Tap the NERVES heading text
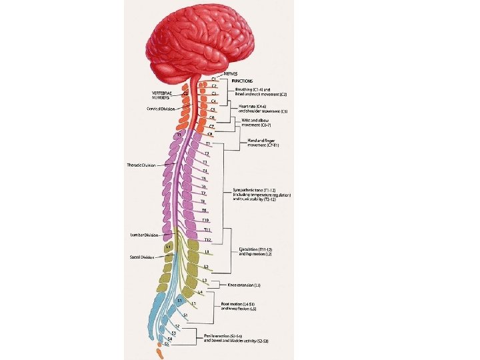pyautogui.click(x=231, y=73)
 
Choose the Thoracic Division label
pyautogui.click(x=142, y=164)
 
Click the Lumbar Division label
pyautogui.click(x=145, y=234)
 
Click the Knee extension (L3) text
pyautogui.click(x=244, y=285)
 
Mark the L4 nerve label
pyautogui.click(x=200, y=293)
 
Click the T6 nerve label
pyautogui.click(x=204, y=186)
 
